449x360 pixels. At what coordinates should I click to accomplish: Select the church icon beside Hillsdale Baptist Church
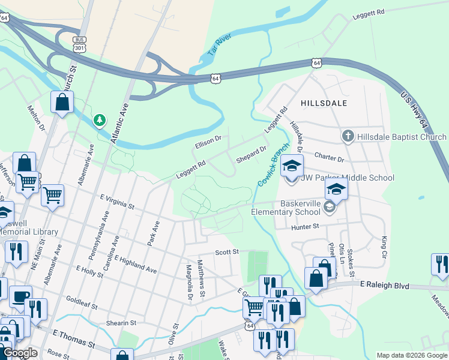pos(348,137)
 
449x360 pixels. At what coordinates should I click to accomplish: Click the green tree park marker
pos(99,121)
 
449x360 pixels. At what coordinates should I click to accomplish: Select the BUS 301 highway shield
pos(78,43)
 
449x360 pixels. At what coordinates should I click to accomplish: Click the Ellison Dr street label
pos(208,143)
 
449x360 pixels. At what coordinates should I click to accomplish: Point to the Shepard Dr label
pos(251,154)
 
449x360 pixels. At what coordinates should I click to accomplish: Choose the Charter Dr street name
pos(329,157)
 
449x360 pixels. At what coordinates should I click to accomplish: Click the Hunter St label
pos(304,227)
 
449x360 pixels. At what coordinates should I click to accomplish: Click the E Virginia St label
pos(117,201)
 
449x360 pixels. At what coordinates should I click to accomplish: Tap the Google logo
pos(20,353)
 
